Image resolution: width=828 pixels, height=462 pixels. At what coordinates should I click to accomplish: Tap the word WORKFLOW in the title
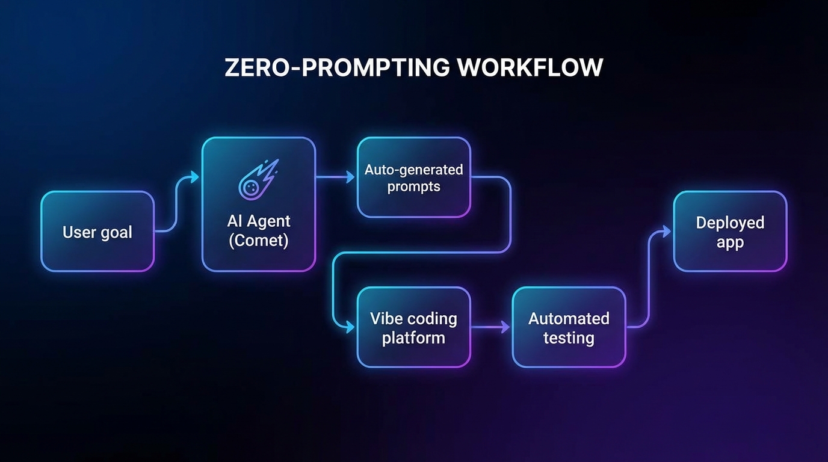(x=530, y=68)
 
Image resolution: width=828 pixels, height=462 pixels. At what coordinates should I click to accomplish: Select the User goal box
(x=97, y=232)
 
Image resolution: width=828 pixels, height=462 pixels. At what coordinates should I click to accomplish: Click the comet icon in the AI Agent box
(x=258, y=179)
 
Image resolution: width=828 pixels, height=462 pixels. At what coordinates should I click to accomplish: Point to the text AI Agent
(x=259, y=221)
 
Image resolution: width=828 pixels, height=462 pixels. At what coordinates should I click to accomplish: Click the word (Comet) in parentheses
(x=259, y=241)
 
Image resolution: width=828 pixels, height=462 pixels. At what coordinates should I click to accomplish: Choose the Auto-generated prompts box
(x=413, y=177)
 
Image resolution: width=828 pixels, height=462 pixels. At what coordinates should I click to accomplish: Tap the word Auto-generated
(x=413, y=170)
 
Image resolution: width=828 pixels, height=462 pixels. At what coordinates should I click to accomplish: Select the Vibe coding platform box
(x=413, y=327)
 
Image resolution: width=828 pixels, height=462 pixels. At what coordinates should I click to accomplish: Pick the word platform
(x=413, y=338)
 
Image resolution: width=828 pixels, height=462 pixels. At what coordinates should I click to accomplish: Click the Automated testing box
(x=569, y=327)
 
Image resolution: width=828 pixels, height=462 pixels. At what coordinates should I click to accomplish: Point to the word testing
(x=569, y=338)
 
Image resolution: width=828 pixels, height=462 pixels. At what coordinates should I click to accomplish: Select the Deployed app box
(x=730, y=232)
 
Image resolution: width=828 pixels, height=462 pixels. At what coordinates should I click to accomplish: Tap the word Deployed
(x=730, y=223)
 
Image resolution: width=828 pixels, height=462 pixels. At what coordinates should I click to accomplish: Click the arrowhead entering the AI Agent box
(x=194, y=177)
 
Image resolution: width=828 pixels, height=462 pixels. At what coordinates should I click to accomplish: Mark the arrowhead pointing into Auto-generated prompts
(x=350, y=177)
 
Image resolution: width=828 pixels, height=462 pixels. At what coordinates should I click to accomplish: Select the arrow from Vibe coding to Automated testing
(x=490, y=327)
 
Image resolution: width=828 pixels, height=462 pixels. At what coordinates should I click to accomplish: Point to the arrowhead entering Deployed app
(x=666, y=231)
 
